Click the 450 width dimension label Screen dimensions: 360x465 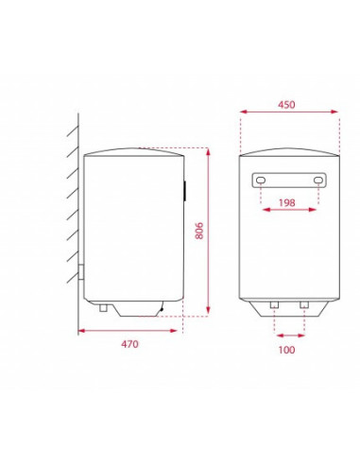(x=286, y=105)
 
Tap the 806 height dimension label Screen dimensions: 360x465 (x=199, y=231)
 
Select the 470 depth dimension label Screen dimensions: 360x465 (x=129, y=344)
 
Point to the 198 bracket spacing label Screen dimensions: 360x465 (x=287, y=202)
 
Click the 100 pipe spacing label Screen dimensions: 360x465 (x=286, y=350)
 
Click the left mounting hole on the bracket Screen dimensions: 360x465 (x=261, y=181)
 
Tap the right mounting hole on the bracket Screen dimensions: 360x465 (x=318, y=180)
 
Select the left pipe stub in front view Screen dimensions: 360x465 (x=274, y=304)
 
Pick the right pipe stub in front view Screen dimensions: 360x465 (x=304, y=304)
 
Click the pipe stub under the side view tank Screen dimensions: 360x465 (x=103, y=308)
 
